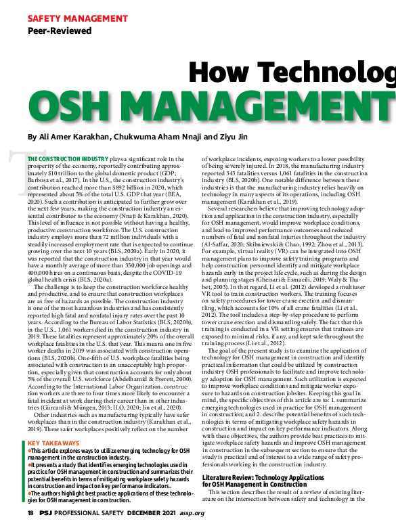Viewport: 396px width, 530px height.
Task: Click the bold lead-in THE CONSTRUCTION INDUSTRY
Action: (66, 158)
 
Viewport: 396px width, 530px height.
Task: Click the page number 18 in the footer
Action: (31, 513)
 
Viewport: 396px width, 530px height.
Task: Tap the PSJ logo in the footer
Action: (47, 513)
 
